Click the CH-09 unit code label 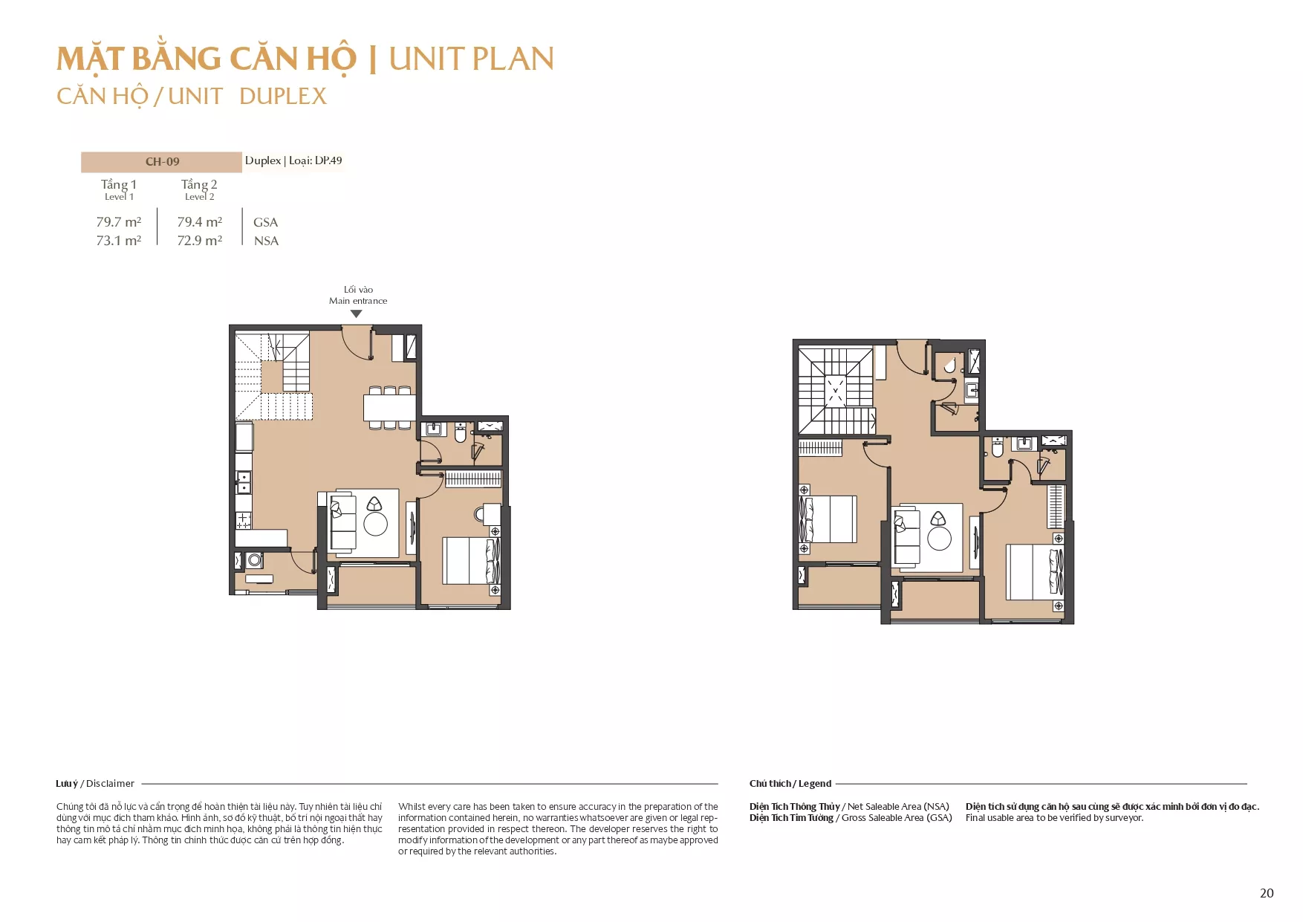(162, 161)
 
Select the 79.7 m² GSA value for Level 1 (119, 221)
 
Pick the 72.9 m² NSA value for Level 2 (200, 240)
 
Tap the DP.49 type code (328, 160)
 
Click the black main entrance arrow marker (357, 314)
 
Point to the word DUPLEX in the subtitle (283, 97)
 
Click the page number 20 (1267, 893)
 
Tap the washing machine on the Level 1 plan (255, 560)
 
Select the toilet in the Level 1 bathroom (461, 432)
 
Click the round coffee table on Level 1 (376, 525)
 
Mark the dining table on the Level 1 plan (389, 407)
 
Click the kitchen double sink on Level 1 (244, 482)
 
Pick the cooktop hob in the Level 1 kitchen (244, 520)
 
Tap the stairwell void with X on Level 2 (836, 390)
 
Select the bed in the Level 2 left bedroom (828, 519)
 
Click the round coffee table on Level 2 (939, 539)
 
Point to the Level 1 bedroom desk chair (480, 513)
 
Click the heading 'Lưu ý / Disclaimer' (95, 783)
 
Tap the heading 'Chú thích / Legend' (790, 783)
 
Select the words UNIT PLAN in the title (472, 59)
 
